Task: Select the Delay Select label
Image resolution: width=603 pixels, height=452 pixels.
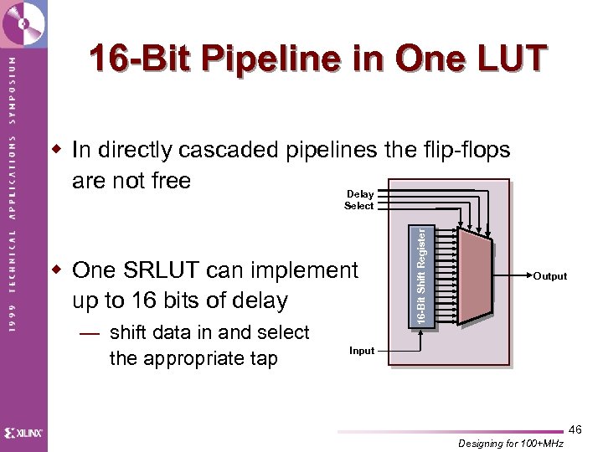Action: [x=360, y=200]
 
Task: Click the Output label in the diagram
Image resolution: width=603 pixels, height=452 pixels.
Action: [x=550, y=276]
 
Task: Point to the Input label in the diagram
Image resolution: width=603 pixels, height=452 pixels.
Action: [x=362, y=351]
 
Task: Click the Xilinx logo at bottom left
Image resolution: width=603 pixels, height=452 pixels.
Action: [x=23, y=433]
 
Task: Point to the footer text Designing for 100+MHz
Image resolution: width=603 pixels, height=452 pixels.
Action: [x=511, y=444]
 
